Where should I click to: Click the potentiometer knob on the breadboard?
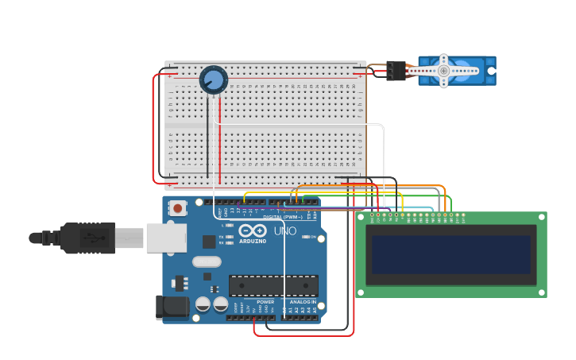pyautogui.click(x=214, y=79)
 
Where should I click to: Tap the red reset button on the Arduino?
pyautogui.click(x=178, y=208)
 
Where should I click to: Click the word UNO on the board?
pyautogui.click(x=285, y=231)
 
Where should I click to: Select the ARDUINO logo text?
pyautogui.click(x=253, y=240)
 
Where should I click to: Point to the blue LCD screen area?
pyautogui.click(x=450, y=254)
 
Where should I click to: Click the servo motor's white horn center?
pyautogui.click(x=443, y=71)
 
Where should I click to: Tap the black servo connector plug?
pyautogui.click(x=396, y=71)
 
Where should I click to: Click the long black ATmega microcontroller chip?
pyautogui.click(x=273, y=286)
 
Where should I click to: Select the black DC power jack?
pyautogui.click(x=173, y=307)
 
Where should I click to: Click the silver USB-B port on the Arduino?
pyautogui.click(x=166, y=238)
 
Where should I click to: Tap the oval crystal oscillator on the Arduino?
pyautogui.click(x=207, y=261)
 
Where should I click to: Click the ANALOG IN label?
pyautogui.click(x=303, y=302)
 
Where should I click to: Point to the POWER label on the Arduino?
pyautogui.click(x=265, y=302)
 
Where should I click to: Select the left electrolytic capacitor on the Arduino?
pyautogui.click(x=203, y=304)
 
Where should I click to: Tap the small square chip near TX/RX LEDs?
pyautogui.click(x=209, y=242)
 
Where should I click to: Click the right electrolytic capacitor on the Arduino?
pyautogui.click(x=221, y=304)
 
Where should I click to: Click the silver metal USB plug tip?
pyautogui.click(x=130, y=238)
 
